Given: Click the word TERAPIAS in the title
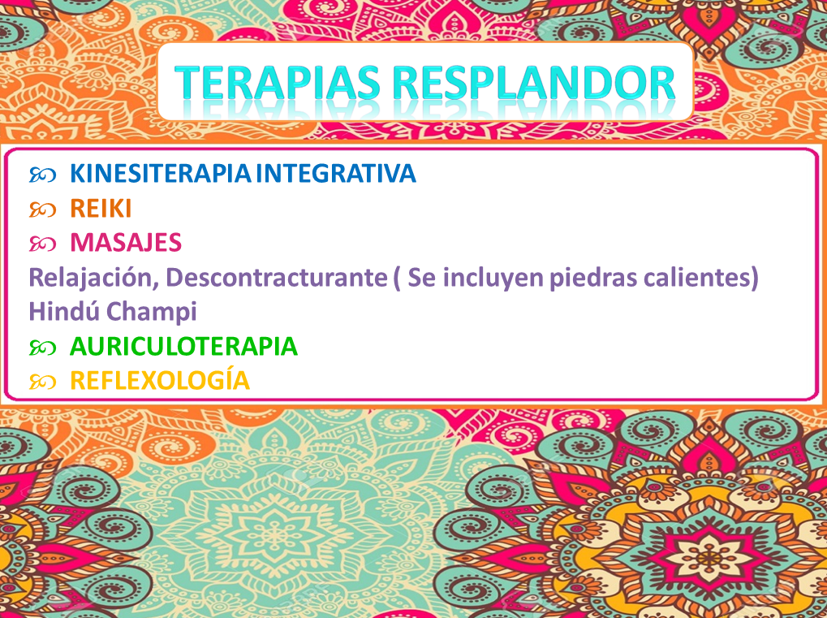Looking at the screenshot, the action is (278, 83).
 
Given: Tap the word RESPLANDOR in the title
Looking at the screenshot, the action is (534, 83).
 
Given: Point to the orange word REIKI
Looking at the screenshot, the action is (101, 209).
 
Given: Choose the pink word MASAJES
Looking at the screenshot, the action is (126, 243).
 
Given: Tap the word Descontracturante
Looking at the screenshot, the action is (277, 277).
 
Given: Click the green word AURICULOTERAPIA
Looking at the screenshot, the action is (183, 347).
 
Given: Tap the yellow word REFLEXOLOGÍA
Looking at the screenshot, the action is (160, 380).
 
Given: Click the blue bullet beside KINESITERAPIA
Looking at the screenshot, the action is (42, 175).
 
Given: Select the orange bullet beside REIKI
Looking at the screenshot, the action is (42, 210).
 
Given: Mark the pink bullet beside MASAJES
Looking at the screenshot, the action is (42, 244).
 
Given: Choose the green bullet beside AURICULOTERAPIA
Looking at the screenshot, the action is (42, 348).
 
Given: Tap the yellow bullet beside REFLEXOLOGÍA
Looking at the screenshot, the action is (42, 382).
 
